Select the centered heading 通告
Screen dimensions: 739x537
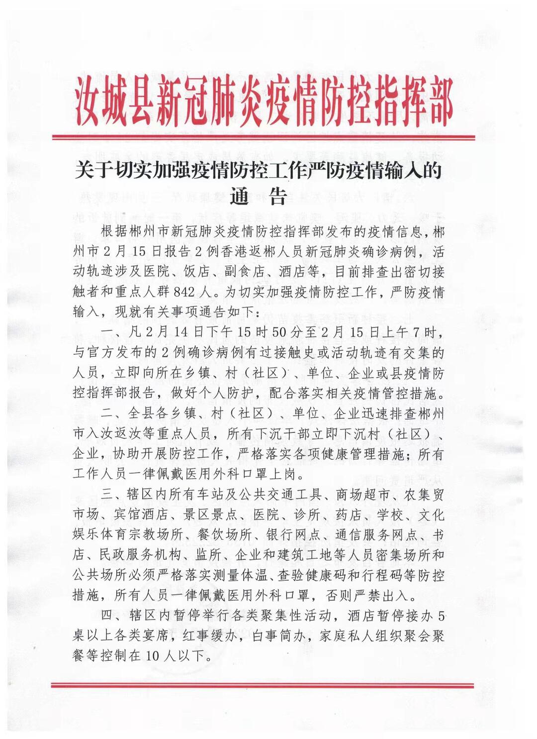point(258,196)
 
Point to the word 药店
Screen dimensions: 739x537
point(350,515)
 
